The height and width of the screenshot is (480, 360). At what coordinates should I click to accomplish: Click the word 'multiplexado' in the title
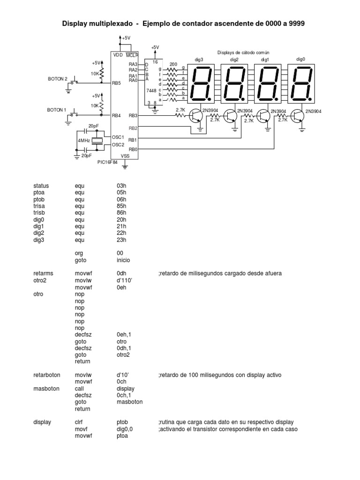[x=113, y=23]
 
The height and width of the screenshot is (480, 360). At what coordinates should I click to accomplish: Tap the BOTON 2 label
[x=58, y=78]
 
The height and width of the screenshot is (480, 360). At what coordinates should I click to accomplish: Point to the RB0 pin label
[x=133, y=150]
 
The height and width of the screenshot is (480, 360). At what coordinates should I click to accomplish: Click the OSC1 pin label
[x=118, y=137]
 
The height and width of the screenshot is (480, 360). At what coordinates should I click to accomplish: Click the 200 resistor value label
[x=173, y=64]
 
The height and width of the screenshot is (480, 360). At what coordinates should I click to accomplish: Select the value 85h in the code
[x=121, y=206]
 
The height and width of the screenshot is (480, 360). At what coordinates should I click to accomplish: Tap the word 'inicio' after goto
[x=123, y=260]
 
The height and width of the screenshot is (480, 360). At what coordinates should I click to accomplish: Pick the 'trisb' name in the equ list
[x=39, y=213]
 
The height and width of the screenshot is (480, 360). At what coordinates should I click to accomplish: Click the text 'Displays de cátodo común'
[x=243, y=53]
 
